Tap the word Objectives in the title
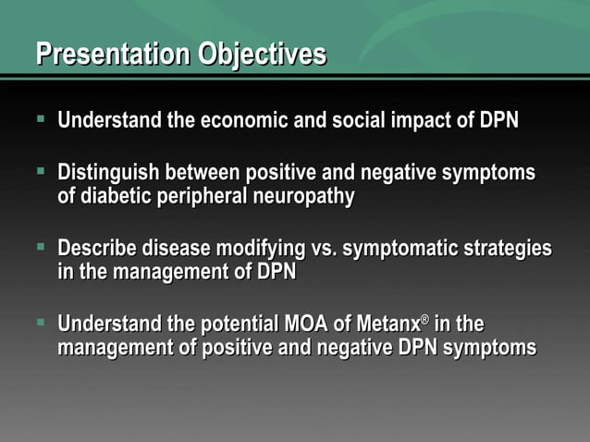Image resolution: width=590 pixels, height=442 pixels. [262, 55]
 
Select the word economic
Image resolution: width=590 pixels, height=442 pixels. [247, 121]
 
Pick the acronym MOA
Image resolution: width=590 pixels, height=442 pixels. [303, 325]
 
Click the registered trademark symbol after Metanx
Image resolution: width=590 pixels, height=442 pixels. [425, 320]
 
